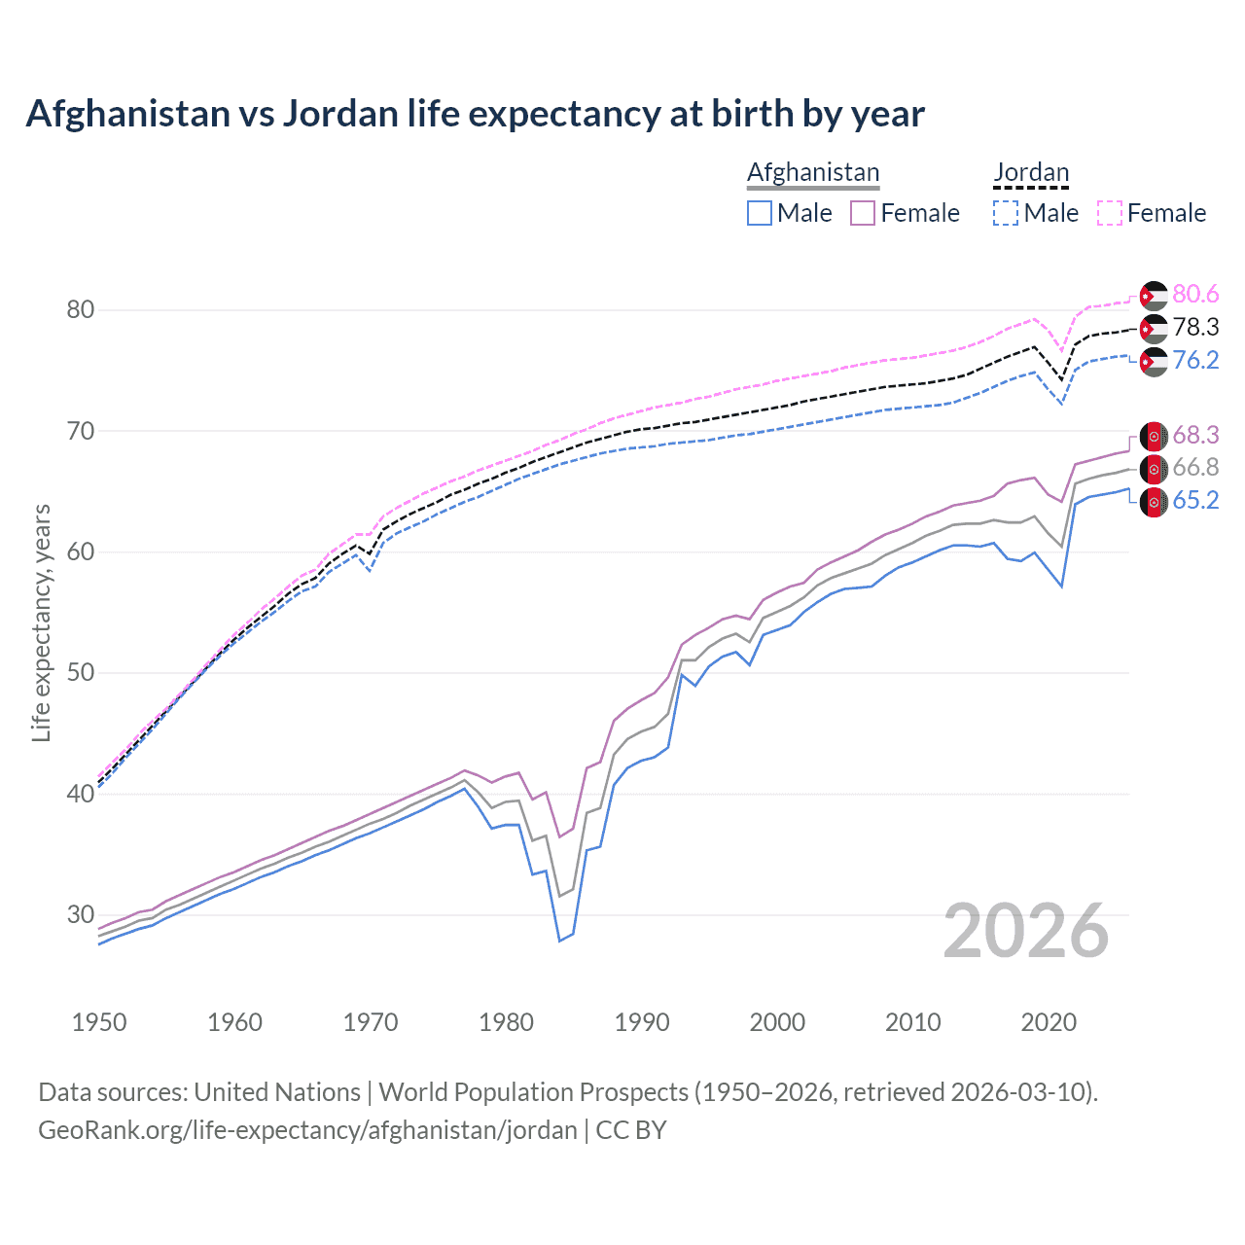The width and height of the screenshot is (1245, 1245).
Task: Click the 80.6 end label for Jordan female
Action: tap(1195, 294)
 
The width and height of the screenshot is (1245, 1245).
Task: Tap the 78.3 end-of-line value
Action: tap(1195, 327)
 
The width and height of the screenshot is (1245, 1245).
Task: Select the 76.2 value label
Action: tap(1195, 360)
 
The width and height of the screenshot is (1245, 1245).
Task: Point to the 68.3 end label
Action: tap(1195, 435)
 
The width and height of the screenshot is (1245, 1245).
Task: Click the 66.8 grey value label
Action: tap(1195, 468)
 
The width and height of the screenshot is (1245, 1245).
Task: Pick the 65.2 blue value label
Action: tap(1195, 501)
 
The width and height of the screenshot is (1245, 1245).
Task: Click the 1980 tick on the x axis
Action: tap(507, 1022)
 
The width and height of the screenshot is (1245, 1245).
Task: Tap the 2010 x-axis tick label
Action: tap(912, 1022)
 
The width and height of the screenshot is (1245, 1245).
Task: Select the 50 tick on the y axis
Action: tap(81, 672)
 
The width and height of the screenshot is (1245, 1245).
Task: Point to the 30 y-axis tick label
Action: tap(81, 914)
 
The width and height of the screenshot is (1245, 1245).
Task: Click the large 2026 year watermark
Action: tap(1026, 931)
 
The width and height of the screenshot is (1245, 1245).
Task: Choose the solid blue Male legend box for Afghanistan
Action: tap(760, 213)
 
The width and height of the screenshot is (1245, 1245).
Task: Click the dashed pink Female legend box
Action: tap(1110, 213)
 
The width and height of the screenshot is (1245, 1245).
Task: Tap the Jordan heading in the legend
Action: tap(1031, 172)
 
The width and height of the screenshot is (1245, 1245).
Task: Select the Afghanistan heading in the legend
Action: tap(813, 172)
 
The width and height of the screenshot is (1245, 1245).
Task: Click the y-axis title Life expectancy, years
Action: tap(41, 622)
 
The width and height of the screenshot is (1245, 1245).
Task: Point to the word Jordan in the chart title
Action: tap(340, 114)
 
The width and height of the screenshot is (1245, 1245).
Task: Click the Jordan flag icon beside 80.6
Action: tap(1154, 295)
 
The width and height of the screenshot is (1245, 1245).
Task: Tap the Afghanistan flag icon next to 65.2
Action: tap(1154, 502)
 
